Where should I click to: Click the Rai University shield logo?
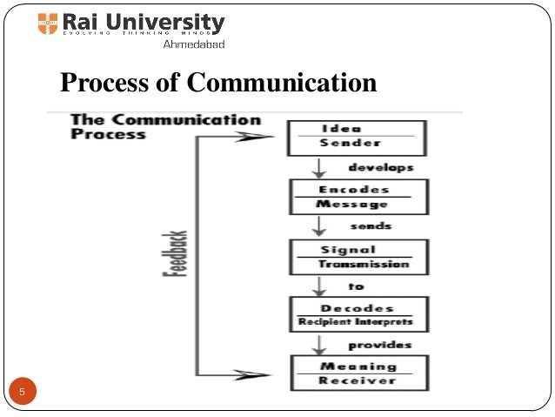click(x=48, y=24)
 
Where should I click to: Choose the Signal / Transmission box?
click(x=360, y=257)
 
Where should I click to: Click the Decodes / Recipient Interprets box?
click(x=360, y=315)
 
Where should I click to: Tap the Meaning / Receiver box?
click(x=360, y=373)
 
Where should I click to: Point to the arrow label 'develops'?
click(x=381, y=167)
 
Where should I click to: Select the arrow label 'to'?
click(x=357, y=286)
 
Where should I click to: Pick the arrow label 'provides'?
click(x=381, y=345)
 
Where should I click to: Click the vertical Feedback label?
click(x=171, y=253)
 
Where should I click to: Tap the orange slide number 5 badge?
click(x=23, y=393)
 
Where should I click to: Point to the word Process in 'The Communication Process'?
click(x=108, y=135)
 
